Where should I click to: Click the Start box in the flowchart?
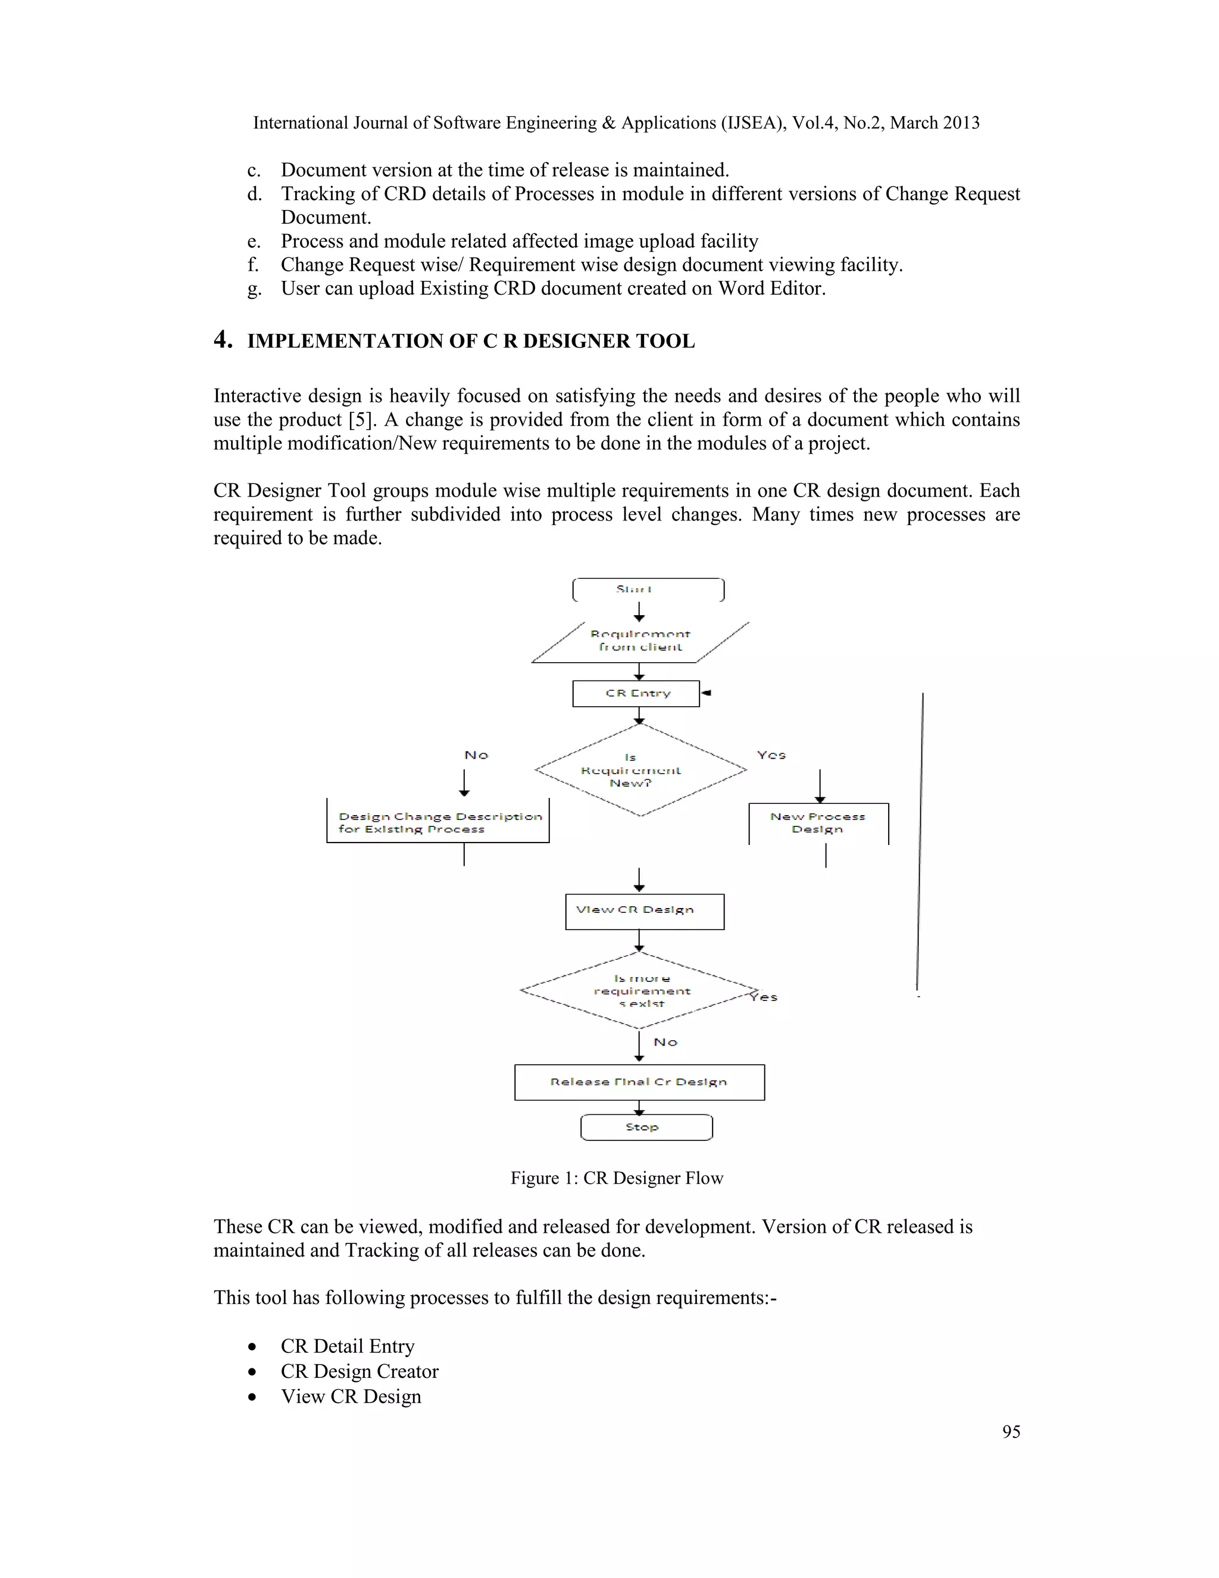coord(648,590)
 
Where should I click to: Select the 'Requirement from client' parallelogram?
coord(640,641)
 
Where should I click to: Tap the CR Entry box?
coord(636,694)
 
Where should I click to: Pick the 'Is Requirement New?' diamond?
coord(640,770)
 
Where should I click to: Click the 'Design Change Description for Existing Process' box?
coord(437,822)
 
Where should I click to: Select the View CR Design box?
coord(644,911)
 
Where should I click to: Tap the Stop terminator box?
coord(646,1127)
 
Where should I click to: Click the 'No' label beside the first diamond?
coord(476,755)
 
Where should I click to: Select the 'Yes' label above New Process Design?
coord(771,755)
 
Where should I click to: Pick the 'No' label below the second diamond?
coord(665,1042)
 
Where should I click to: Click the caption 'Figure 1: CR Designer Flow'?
coord(616,1178)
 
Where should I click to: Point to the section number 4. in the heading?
coord(223,339)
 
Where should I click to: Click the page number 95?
coord(1011,1432)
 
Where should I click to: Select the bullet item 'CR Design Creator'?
coord(359,1371)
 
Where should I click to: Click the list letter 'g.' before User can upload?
coord(254,289)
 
